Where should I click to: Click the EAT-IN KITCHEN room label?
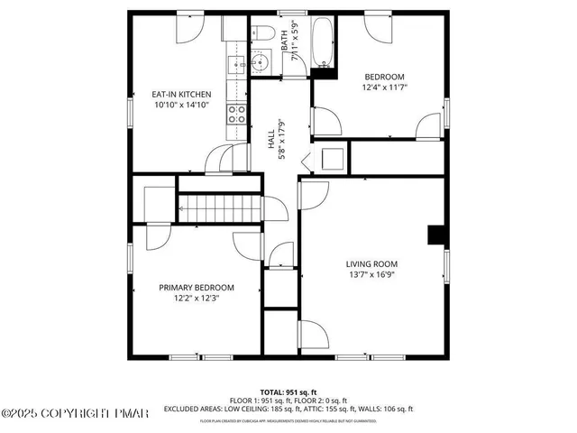(x=181, y=93)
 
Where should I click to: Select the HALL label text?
(x=270, y=139)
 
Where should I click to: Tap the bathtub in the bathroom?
(x=323, y=41)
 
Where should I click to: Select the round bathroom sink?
(x=261, y=64)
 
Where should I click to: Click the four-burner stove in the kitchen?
(x=236, y=114)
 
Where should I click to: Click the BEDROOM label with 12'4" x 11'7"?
(x=384, y=77)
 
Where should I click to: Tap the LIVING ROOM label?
(x=371, y=264)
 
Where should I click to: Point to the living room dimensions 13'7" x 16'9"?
(x=371, y=275)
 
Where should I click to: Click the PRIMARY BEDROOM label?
(x=197, y=287)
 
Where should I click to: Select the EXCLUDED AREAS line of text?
(x=288, y=409)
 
